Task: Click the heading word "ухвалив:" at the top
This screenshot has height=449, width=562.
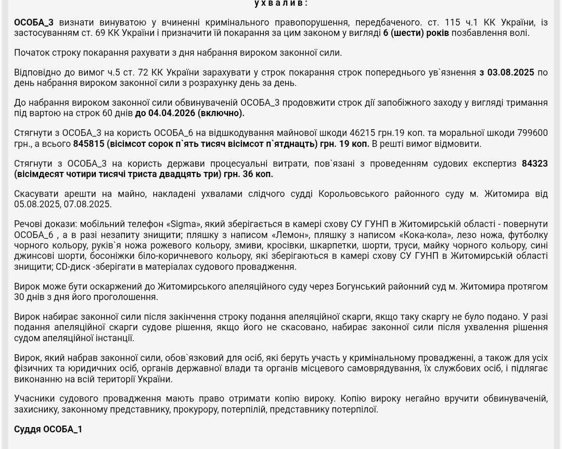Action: point(281,3)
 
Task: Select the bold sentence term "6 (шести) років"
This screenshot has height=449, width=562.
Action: point(416,33)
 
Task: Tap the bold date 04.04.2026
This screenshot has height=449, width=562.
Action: point(172,113)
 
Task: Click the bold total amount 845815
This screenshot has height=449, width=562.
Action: point(89,143)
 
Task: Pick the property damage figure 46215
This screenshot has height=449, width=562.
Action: point(364,133)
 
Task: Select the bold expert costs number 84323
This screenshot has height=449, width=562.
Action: point(534,164)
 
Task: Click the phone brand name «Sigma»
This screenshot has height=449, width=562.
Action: point(184,224)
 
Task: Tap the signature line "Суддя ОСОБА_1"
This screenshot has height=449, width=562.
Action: point(48,429)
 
